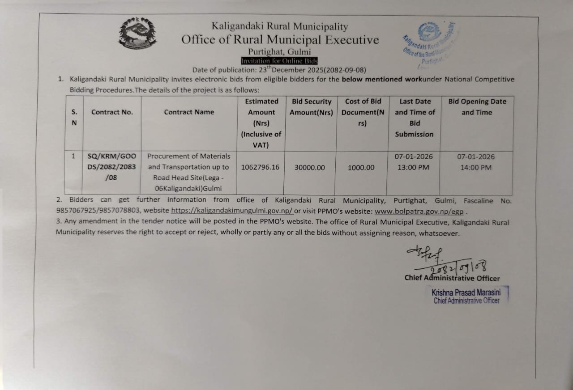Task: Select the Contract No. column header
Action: pyautogui.click(x=112, y=112)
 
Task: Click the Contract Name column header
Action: pyautogui.click(x=189, y=112)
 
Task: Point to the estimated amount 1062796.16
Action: pyautogui.click(x=260, y=167)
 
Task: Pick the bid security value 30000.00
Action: pyautogui.click(x=310, y=167)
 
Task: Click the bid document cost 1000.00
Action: pyautogui.click(x=361, y=167)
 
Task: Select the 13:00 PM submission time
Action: pyautogui.click(x=415, y=167)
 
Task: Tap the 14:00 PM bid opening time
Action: pyautogui.click(x=476, y=167)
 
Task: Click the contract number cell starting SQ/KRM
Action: pyautogui.click(x=112, y=167)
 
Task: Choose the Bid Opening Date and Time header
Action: pyautogui.click(x=477, y=107)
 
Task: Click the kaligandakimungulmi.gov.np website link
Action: pyautogui.click(x=232, y=210)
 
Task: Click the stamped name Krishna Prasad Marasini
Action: pyautogui.click(x=466, y=292)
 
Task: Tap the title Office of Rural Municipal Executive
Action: pyautogui.click(x=280, y=40)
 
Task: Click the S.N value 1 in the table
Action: pyautogui.click(x=73, y=157)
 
